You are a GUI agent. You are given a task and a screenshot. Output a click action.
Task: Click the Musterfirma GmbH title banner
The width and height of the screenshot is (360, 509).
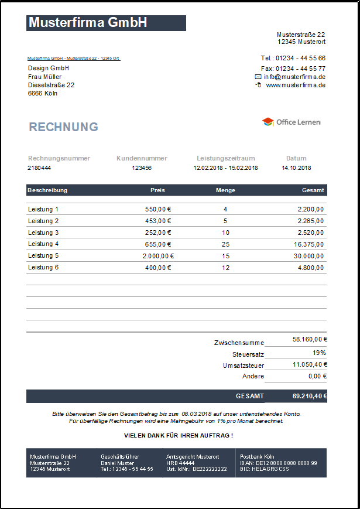point(106,23)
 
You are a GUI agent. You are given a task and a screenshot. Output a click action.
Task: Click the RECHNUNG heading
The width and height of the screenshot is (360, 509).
point(64,127)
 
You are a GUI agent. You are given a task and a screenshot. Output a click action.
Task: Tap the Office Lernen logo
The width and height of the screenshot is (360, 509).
point(292,122)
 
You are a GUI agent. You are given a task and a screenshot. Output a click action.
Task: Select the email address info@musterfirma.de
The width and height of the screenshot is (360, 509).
point(294,77)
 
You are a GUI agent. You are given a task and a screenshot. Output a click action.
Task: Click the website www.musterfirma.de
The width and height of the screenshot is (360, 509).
point(296,85)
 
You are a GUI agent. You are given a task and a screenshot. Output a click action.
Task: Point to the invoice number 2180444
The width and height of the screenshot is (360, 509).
point(39,168)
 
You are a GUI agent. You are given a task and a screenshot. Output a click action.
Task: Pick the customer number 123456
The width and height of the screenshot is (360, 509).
point(142,168)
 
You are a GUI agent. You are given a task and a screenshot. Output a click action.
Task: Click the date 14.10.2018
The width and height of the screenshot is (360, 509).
point(296,168)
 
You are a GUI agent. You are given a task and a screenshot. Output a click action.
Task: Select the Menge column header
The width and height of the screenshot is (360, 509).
point(225,190)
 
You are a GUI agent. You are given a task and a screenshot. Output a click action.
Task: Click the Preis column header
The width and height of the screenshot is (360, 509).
point(157,190)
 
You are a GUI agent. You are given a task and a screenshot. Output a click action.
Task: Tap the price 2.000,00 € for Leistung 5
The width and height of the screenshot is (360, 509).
point(158,256)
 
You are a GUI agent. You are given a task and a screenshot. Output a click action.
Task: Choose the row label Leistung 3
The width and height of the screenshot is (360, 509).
point(43,233)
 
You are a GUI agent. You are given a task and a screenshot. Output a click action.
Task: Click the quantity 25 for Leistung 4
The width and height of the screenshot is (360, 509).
point(225,244)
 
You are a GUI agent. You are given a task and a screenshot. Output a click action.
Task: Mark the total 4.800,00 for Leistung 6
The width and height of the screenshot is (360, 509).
point(310,268)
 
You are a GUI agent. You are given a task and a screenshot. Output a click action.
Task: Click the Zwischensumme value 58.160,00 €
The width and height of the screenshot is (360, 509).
point(310,339)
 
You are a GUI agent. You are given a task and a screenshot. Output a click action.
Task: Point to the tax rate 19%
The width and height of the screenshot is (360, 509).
point(319,353)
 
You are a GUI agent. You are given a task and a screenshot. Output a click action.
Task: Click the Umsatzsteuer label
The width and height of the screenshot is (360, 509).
point(244,365)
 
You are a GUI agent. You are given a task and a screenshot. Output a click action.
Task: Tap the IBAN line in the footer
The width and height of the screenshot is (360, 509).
point(278,463)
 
